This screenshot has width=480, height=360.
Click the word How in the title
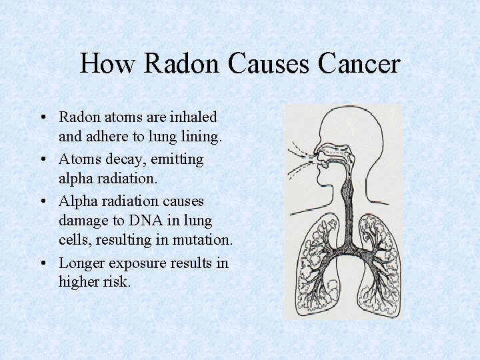pyautogui.click(x=107, y=64)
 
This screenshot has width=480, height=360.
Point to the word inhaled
pyautogui.click(x=193, y=117)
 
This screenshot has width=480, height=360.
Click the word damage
pyautogui.click(x=83, y=222)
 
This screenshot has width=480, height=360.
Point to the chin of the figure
pyautogui.click(x=324, y=189)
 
